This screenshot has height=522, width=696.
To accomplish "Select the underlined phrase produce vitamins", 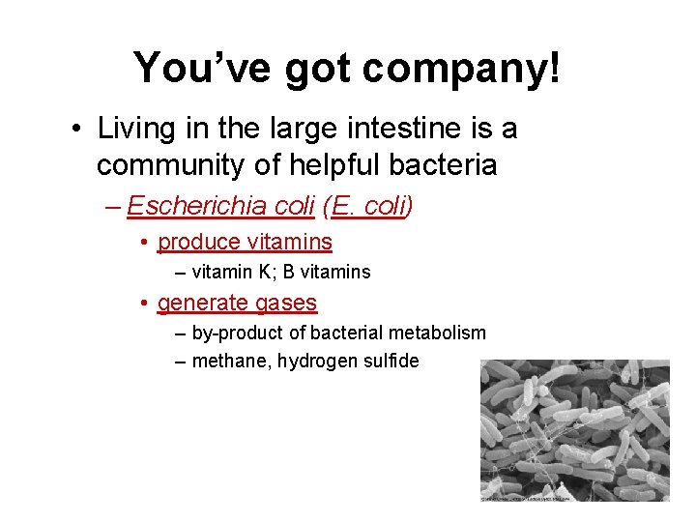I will click(x=245, y=242).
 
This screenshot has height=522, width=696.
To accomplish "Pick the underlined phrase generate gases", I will click(x=237, y=303).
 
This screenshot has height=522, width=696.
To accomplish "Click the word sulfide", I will click(x=390, y=362).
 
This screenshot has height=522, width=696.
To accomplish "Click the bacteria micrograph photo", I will click(x=574, y=425).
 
